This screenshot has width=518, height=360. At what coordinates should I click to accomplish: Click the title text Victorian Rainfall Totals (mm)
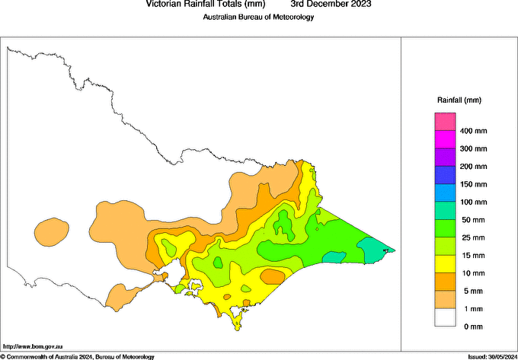pyautogui.click(x=206, y=4)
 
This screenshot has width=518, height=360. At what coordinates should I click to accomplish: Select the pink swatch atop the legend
pyautogui.click(x=445, y=122)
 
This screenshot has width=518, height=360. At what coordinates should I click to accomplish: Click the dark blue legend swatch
pyautogui.click(x=445, y=175)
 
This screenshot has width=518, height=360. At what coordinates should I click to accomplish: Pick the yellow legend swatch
pyautogui.click(x=445, y=264)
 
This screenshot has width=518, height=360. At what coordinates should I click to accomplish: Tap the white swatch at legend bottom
pyautogui.click(x=445, y=317)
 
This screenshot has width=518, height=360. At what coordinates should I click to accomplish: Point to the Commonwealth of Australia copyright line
pyautogui.click(x=77, y=356)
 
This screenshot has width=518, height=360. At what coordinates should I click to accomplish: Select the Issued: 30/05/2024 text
pyautogui.click(x=491, y=356)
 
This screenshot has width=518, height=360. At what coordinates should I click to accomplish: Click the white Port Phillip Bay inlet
pyautogui.click(x=174, y=272)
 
